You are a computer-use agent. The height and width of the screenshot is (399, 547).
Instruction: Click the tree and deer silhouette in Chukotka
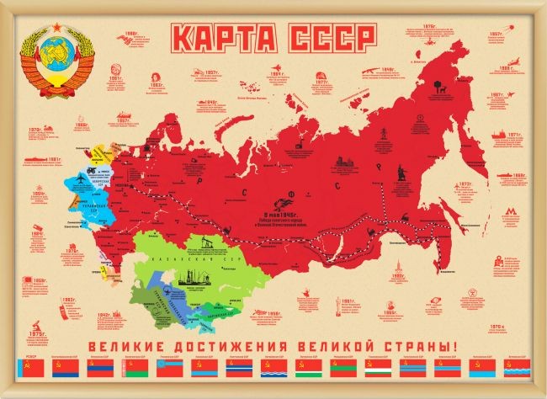pos(438,83)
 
